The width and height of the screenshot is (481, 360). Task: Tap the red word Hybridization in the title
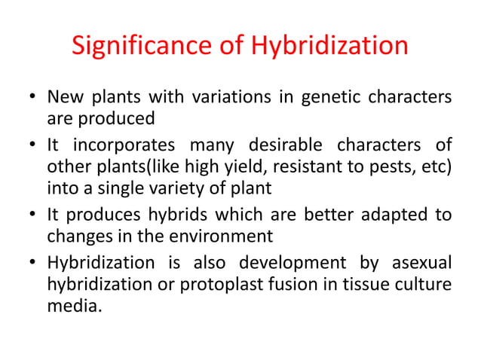[x=329, y=46]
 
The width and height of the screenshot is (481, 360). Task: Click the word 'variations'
[x=219, y=98]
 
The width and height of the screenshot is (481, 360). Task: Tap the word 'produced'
[x=115, y=118]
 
